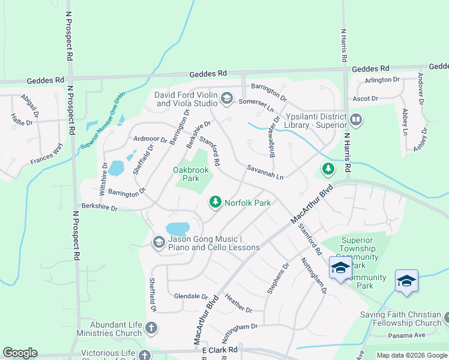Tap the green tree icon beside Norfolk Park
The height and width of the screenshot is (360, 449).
[x=215, y=203]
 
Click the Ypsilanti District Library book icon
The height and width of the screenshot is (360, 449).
[x=356, y=120]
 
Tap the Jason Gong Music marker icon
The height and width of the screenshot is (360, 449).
[x=159, y=242]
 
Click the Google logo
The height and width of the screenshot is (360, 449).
[x=20, y=353]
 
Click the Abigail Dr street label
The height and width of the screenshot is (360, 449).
[x=28, y=106]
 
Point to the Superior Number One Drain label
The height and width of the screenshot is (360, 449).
[x=103, y=120]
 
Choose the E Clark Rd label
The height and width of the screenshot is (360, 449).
[x=220, y=349]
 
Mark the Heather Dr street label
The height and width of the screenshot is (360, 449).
[x=238, y=303]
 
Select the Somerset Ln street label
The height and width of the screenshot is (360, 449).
[x=256, y=105]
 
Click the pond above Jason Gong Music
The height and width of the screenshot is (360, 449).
[x=177, y=229]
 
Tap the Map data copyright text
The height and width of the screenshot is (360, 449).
[x=411, y=355]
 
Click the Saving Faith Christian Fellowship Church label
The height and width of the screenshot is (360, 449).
[x=400, y=319]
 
